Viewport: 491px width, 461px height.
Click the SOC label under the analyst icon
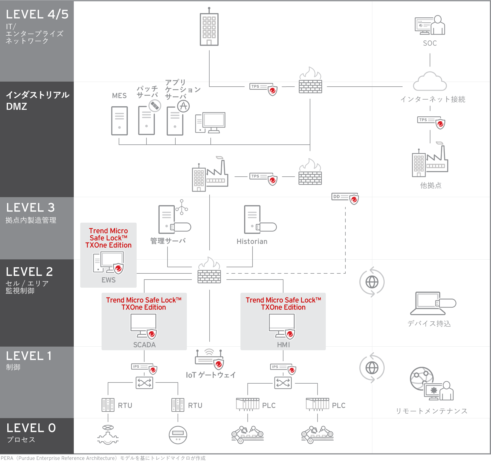click(x=430, y=43)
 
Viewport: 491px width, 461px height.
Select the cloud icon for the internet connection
click(x=430, y=82)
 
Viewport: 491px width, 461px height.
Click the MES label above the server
click(x=119, y=96)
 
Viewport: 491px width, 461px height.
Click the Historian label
click(x=252, y=241)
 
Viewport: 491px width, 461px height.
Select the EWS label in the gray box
click(x=108, y=280)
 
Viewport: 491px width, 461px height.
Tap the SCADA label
click(x=144, y=345)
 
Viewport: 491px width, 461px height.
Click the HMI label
click(x=283, y=345)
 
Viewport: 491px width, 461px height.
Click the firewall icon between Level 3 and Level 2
click(x=209, y=271)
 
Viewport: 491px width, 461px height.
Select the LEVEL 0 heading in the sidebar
click(x=31, y=428)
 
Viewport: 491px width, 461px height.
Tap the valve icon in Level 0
click(x=108, y=435)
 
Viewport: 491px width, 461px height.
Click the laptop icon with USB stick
click(x=432, y=304)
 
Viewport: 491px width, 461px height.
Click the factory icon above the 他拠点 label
click(x=430, y=161)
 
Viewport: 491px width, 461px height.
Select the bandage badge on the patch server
click(x=155, y=106)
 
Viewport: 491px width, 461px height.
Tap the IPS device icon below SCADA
click(x=144, y=368)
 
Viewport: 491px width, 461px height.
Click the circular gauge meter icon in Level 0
click(x=178, y=435)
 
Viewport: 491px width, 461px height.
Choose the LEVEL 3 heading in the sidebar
click(x=31, y=208)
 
